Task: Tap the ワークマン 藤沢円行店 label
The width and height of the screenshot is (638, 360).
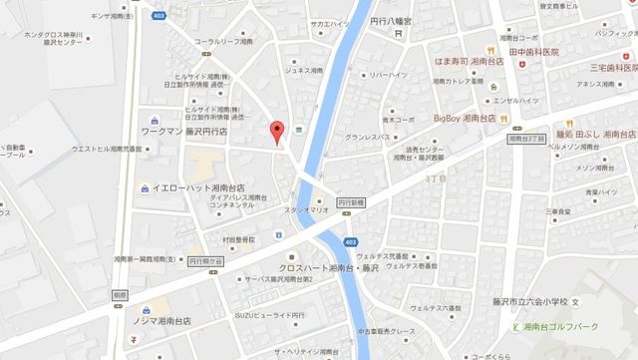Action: pyautogui.click(x=183, y=131)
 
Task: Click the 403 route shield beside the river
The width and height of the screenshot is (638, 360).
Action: pyautogui.click(x=345, y=242)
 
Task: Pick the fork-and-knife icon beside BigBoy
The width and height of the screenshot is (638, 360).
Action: pyautogui.click(x=505, y=119)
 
